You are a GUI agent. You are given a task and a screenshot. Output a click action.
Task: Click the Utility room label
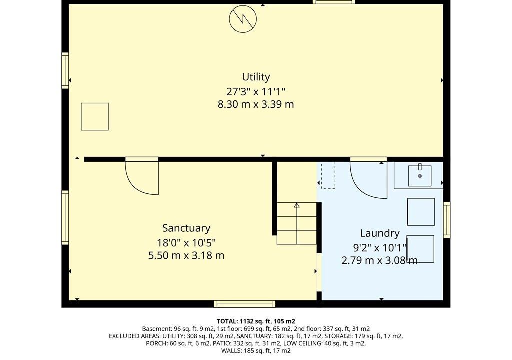(256, 77)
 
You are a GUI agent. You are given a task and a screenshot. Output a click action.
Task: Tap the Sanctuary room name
(186, 228)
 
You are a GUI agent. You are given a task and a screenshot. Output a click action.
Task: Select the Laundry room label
(380, 233)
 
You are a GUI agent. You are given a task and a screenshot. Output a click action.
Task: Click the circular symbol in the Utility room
(243, 19)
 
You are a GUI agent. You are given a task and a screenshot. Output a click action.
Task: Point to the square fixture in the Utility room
(94, 117)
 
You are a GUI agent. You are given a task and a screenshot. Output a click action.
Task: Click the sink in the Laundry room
(420, 176)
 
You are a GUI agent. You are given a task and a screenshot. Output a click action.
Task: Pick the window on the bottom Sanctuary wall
(244, 304)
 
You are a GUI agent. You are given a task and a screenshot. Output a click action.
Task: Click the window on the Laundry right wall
(446, 220)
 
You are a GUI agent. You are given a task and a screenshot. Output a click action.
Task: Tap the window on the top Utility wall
(334, 2)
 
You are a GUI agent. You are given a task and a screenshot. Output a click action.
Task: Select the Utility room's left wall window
(65, 70)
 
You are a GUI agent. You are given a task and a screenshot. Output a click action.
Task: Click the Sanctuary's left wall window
(65, 218)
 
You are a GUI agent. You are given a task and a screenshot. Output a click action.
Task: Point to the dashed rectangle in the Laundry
(328, 175)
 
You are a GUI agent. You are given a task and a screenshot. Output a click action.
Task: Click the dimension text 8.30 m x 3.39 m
(256, 104)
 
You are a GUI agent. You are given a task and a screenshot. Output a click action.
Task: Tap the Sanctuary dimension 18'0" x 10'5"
(186, 243)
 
